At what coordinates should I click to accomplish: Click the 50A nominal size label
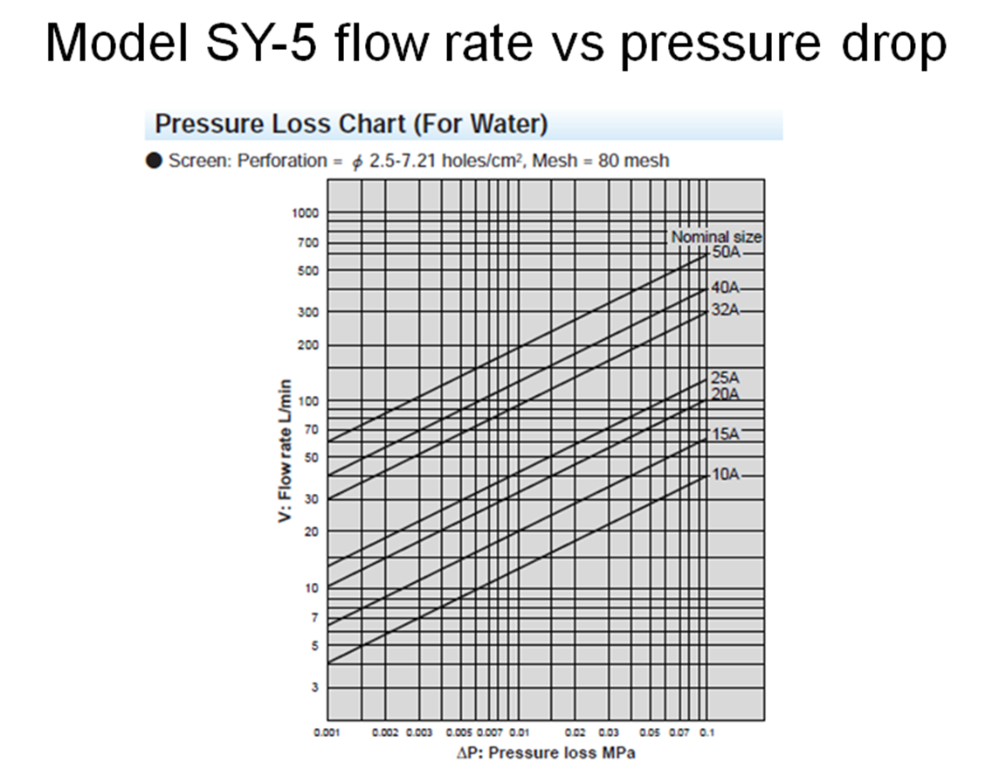(x=726, y=253)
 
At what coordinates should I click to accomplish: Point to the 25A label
(x=726, y=378)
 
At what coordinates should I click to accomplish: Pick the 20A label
(x=726, y=394)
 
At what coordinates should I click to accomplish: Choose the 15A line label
(x=726, y=434)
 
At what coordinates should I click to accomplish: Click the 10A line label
(x=726, y=475)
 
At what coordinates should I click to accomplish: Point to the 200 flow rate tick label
(x=310, y=345)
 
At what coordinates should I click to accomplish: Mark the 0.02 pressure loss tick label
(x=575, y=732)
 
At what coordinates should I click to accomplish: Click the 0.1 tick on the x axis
(x=706, y=732)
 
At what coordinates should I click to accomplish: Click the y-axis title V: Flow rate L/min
(x=284, y=452)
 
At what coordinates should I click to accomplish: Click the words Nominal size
(x=716, y=237)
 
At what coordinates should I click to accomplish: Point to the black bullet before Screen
(x=155, y=162)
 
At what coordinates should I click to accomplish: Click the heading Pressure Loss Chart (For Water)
(x=351, y=125)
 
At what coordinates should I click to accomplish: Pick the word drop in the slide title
(x=892, y=43)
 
